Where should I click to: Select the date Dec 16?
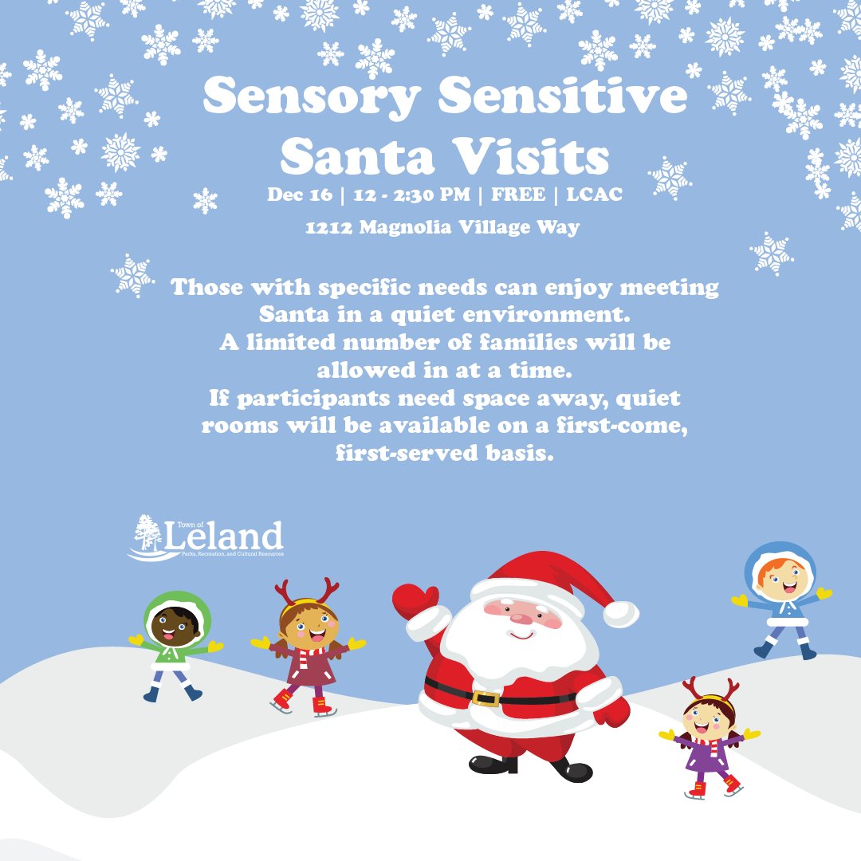tap(297, 195)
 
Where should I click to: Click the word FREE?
tap(519, 195)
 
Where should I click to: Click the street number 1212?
tap(328, 228)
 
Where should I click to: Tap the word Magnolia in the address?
tap(408, 228)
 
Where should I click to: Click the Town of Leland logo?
tap(206, 538)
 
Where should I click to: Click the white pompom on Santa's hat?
tap(620, 613)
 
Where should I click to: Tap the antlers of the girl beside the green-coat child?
tap(307, 592)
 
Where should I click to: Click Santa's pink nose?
tap(523, 616)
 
